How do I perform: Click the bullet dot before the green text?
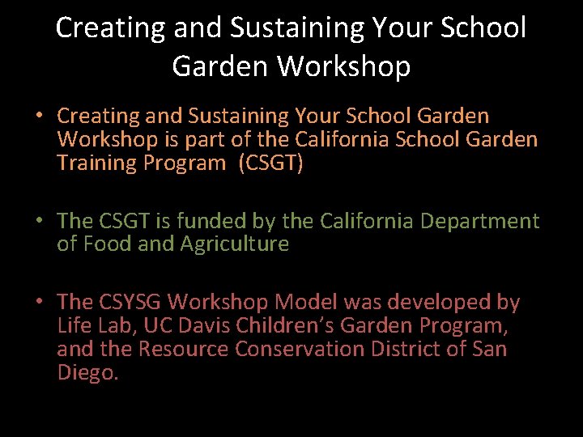coord(39,221)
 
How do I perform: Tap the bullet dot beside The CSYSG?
coord(39,302)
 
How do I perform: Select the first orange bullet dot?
coord(39,117)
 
